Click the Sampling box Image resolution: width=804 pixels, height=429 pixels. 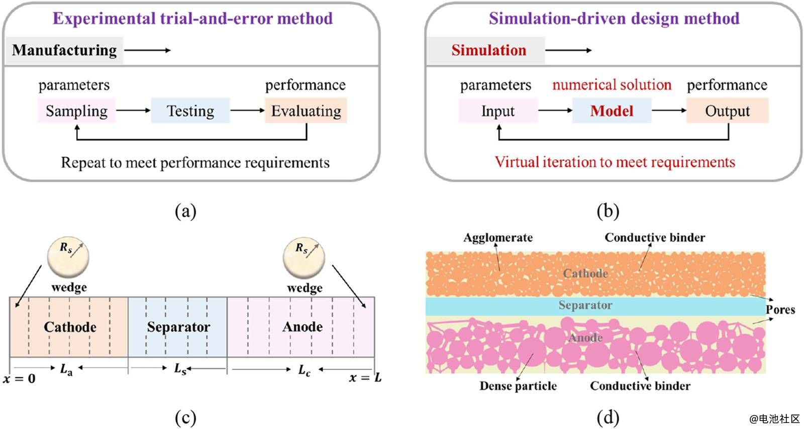[76, 111]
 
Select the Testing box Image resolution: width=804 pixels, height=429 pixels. [190, 111]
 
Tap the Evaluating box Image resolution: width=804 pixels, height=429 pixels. [306, 111]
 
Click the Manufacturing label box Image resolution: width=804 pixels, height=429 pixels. [64, 50]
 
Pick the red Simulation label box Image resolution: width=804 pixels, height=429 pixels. [485, 50]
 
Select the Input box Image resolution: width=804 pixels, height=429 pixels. [498, 111]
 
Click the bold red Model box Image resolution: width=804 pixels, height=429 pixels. [612, 111]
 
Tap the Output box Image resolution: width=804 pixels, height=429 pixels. [727, 111]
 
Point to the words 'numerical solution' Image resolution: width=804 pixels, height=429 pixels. [612, 84]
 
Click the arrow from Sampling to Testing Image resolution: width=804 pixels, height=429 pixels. [133, 111]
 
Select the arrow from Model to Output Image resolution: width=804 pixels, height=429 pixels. [669, 111]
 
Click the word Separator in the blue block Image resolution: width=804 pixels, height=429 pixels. [178, 327]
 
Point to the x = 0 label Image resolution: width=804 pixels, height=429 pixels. [19, 379]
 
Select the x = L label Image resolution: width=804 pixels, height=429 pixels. [365, 378]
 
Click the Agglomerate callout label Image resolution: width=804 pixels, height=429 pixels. [498, 238]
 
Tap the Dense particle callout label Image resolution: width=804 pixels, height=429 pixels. [518, 386]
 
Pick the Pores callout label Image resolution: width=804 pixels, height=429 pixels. [780, 309]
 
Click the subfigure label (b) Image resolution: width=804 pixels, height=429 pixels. [608, 211]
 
